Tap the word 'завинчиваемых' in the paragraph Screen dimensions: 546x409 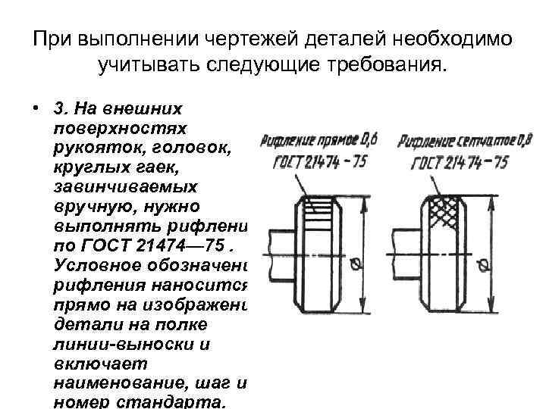125,185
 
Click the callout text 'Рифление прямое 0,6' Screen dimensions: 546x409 318,139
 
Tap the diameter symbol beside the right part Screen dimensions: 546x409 482,264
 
